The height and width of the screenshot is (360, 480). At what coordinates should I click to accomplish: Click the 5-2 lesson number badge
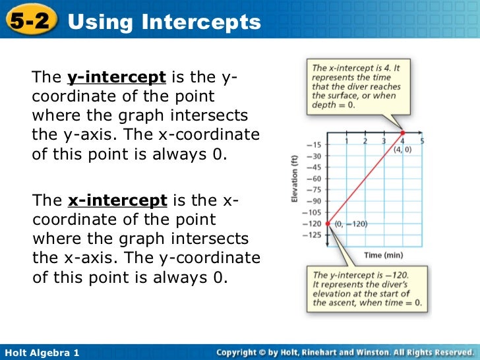coord(29,21)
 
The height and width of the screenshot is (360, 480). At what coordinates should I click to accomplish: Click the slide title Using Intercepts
coord(164,22)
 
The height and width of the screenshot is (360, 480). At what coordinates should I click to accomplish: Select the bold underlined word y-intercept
coord(116,77)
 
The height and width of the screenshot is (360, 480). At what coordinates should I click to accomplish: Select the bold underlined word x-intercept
coord(116,200)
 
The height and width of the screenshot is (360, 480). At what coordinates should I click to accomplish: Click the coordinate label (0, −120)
coord(351,224)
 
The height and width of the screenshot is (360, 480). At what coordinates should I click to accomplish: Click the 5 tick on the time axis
coord(422,140)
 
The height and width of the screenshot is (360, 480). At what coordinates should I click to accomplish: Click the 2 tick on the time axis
coord(365,140)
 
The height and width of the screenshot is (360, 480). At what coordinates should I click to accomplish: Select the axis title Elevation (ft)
coord(295,179)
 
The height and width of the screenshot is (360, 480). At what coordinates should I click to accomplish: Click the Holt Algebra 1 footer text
coord(41,353)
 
